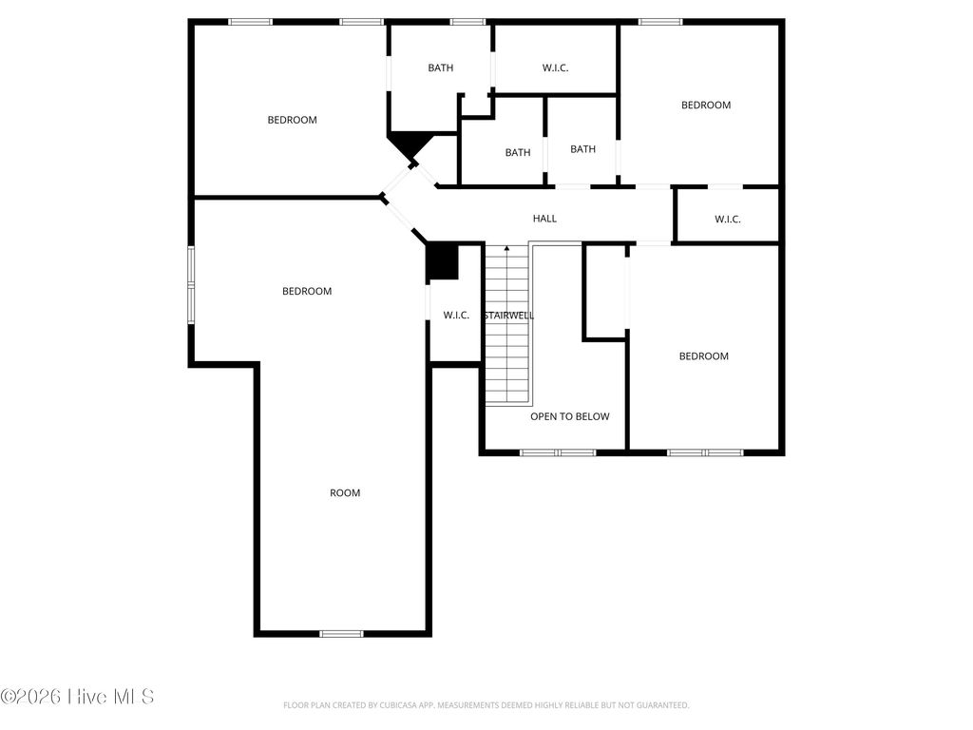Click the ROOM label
(x=345, y=492)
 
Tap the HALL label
(x=544, y=219)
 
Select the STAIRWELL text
(x=508, y=316)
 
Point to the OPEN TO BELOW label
(x=569, y=416)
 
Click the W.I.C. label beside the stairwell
(x=456, y=316)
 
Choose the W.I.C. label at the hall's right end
(x=727, y=220)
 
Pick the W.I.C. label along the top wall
(x=555, y=67)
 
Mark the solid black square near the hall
(x=442, y=262)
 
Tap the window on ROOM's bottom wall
(x=341, y=633)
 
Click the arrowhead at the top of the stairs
(x=506, y=249)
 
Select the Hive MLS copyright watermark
(x=77, y=697)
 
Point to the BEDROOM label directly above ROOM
(x=307, y=291)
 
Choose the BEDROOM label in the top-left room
(x=292, y=120)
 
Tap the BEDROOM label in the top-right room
(x=705, y=105)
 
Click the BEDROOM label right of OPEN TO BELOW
(x=703, y=356)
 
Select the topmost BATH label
(x=440, y=67)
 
